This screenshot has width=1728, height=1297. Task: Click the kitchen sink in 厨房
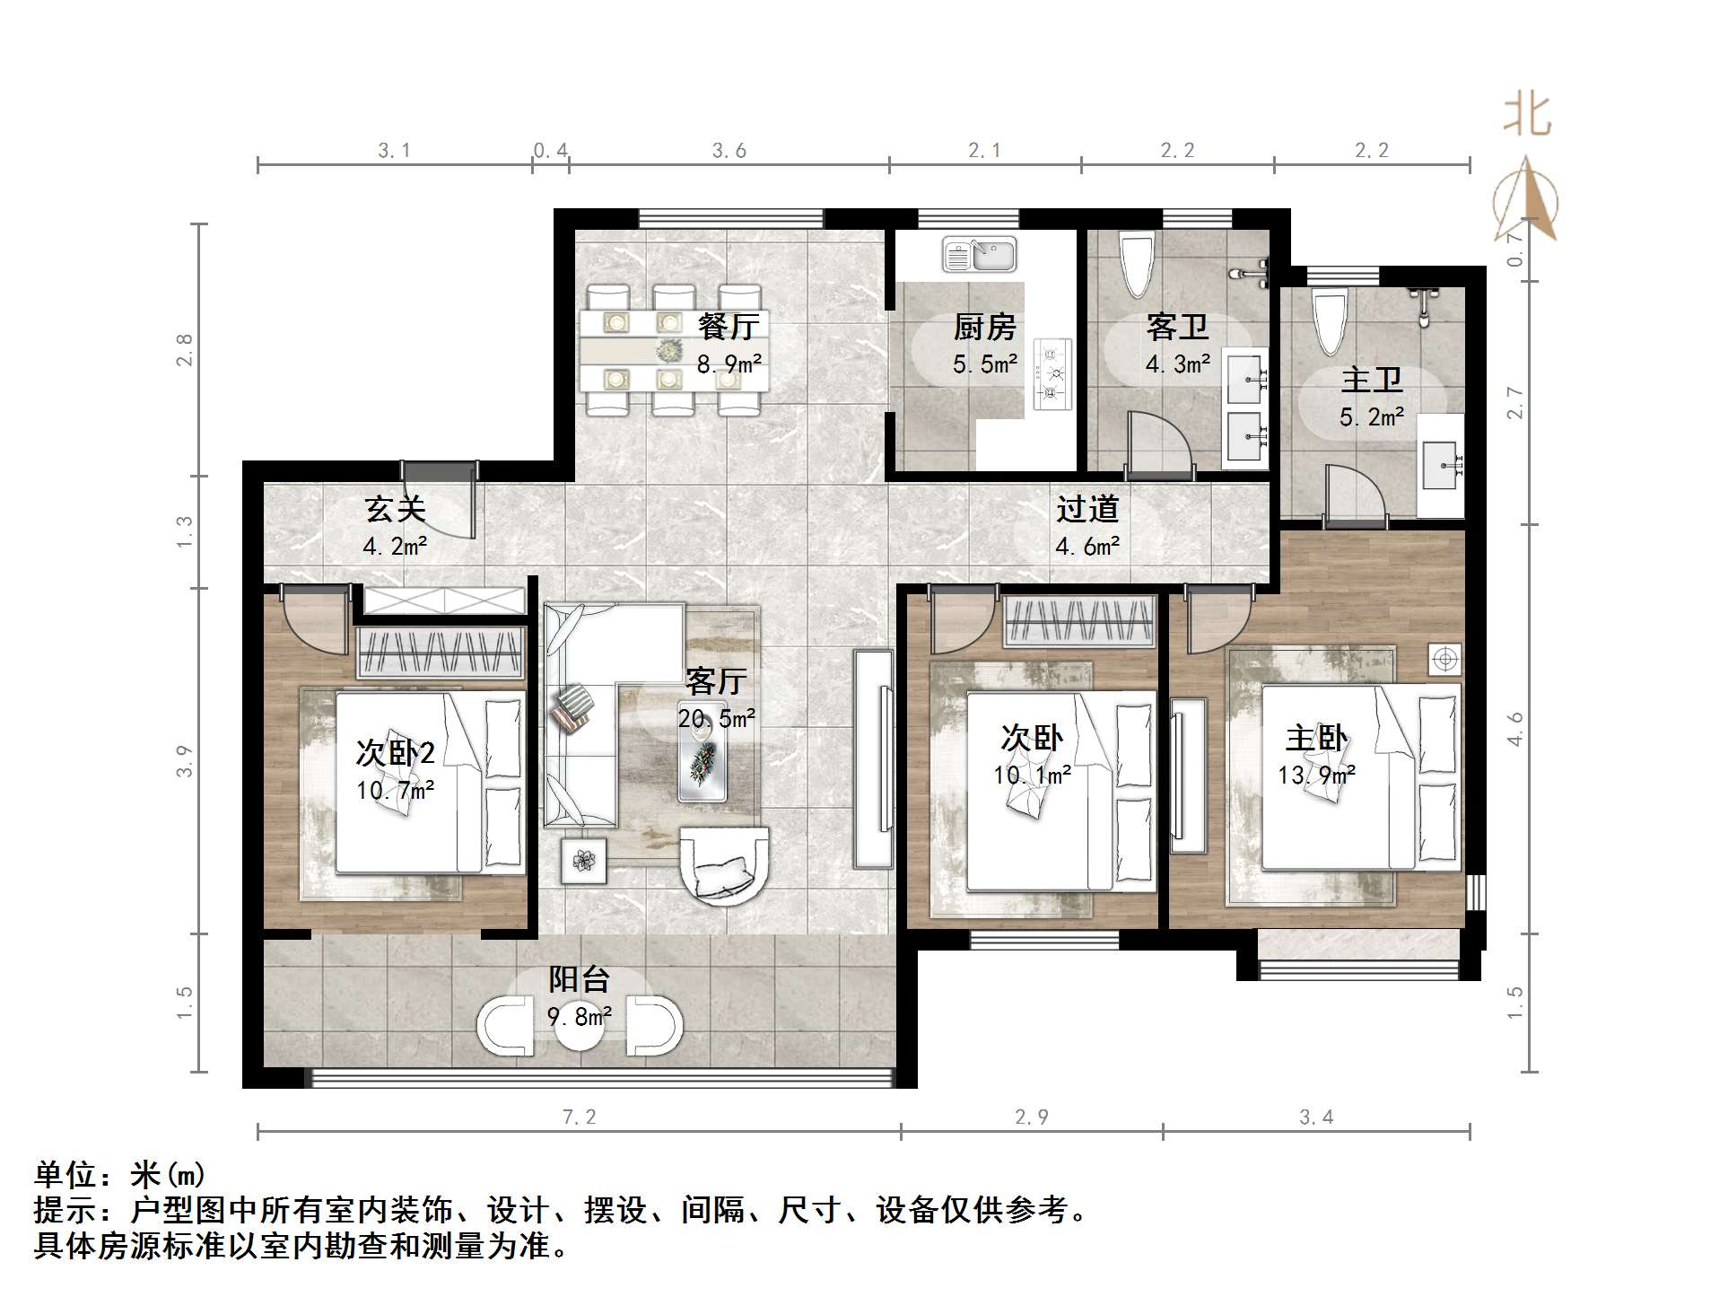(979, 254)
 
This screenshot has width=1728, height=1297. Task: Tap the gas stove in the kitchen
(1052, 373)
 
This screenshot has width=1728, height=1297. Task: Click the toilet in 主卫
(1330, 321)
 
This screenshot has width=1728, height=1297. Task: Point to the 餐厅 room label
(729, 327)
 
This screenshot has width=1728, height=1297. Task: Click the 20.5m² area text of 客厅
(716, 718)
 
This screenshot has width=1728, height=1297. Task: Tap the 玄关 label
(395, 510)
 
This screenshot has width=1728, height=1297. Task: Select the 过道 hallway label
(1087, 510)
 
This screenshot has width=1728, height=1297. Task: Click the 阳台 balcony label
(580, 979)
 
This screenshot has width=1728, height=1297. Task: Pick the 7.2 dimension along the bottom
(580, 1117)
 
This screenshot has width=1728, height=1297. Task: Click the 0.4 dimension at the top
(550, 151)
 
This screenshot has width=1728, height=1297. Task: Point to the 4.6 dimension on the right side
(1515, 729)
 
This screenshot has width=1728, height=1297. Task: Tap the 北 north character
(1527, 115)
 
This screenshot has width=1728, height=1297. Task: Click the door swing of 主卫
(1357, 494)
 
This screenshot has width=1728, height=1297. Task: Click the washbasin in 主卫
(1441, 466)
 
